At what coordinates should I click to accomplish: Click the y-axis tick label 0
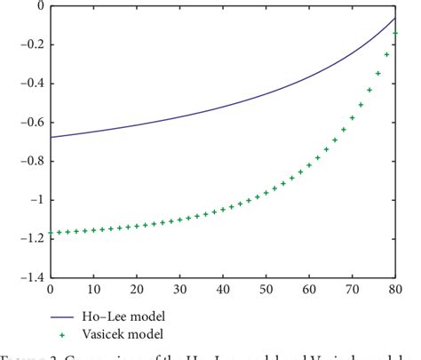tap(38, 6)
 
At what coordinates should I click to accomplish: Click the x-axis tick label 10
tap(94, 290)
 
